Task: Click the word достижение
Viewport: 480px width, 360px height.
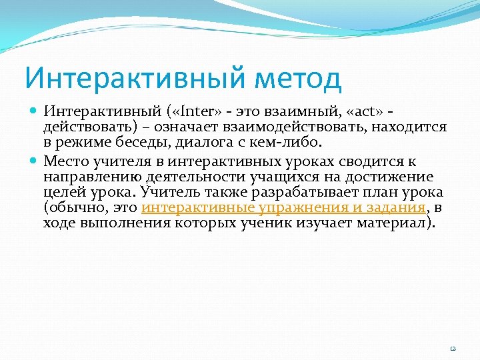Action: (x=390, y=176)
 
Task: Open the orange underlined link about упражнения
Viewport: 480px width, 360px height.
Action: (x=283, y=207)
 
